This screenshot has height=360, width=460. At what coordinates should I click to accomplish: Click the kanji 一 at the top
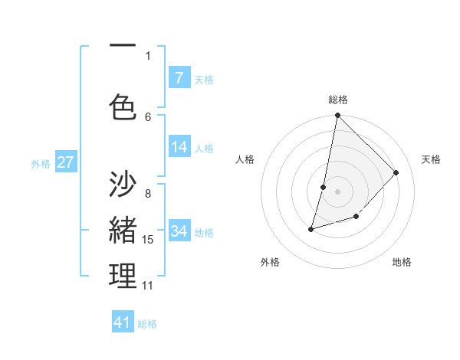(123, 47)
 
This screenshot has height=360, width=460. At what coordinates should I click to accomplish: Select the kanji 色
(123, 107)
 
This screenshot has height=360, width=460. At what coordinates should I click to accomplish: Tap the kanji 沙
(123, 184)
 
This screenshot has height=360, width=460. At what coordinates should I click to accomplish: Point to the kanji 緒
(123, 230)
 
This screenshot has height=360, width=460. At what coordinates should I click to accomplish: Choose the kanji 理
(123, 276)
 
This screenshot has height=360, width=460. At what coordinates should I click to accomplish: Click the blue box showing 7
(179, 77)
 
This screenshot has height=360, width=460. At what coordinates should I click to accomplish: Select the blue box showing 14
(179, 147)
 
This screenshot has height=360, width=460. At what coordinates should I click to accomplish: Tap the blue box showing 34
(179, 231)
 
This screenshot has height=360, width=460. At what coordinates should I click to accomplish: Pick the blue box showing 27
(66, 162)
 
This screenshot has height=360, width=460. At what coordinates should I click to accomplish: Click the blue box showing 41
(123, 322)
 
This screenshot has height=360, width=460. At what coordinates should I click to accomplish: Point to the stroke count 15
(148, 240)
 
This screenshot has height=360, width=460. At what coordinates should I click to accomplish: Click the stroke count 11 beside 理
(148, 286)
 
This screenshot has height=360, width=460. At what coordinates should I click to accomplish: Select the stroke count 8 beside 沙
(148, 193)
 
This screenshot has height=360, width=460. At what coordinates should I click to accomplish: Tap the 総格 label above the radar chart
(338, 100)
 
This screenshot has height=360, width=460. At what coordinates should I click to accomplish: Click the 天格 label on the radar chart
(431, 159)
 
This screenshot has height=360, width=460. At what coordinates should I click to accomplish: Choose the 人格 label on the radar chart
(245, 159)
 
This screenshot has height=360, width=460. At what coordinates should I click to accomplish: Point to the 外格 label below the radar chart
(270, 262)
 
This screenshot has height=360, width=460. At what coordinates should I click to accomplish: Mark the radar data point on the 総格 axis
(337, 115)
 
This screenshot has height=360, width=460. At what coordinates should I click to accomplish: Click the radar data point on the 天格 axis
(396, 172)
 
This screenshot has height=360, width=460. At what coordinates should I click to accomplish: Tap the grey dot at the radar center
(337, 191)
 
